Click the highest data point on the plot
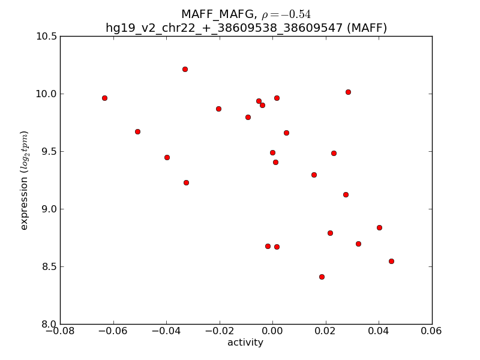tap(185, 69)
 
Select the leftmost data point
tap(104, 98)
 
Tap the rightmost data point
tap(391, 261)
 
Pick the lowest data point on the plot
tap(322, 277)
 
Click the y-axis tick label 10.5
tap(46, 37)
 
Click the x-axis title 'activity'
tap(245, 343)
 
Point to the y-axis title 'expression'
tap(25, 180)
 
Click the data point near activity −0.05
tap(137, 131)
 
